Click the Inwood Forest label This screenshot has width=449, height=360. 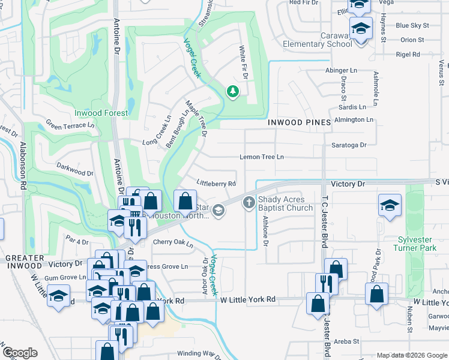pyautogui.click(x=101, y=113)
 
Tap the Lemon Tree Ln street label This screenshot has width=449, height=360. pyautogui.click(x=262, y=157)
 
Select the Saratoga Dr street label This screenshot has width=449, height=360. pyautogui.click(x=349, y=145)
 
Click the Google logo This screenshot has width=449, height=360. pyautogui.click(x=19, y=352)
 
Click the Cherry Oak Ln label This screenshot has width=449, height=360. pyautogui.click(x=173, y=243)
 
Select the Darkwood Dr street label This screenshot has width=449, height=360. pyautogui.click(x=74, y=169)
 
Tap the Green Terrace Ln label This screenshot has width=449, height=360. pyautogui.click(x=70, y=126)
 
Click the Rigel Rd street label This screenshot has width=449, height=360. pyautogui.click(x=408, y=55)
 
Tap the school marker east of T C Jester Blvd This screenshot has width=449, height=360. pyautogui.click(x=390, y=205)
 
